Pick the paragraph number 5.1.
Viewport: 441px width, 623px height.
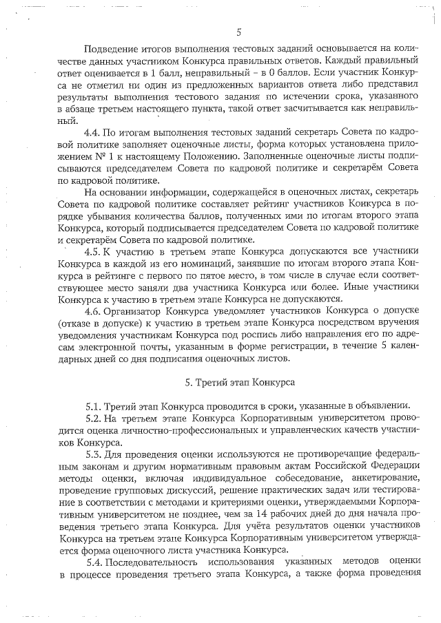click(94, 405)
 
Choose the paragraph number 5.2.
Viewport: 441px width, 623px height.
click(94, 418)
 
